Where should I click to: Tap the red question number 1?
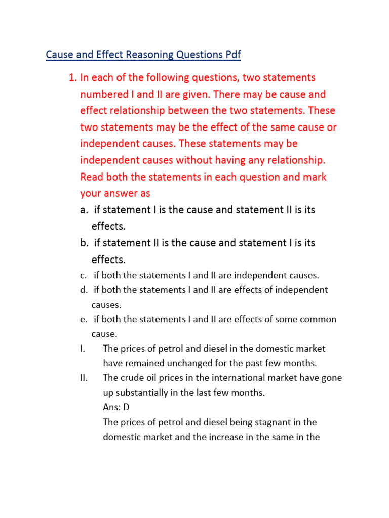72,78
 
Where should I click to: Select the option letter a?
83,210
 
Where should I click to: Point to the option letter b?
84,243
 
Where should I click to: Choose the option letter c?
83,276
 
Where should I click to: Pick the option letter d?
83,290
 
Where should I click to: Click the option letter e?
83,320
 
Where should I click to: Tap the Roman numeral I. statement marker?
82,349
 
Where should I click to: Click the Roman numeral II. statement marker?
84,378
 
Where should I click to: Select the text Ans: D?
116,407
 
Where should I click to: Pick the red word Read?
92,177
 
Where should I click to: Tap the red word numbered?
108,95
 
